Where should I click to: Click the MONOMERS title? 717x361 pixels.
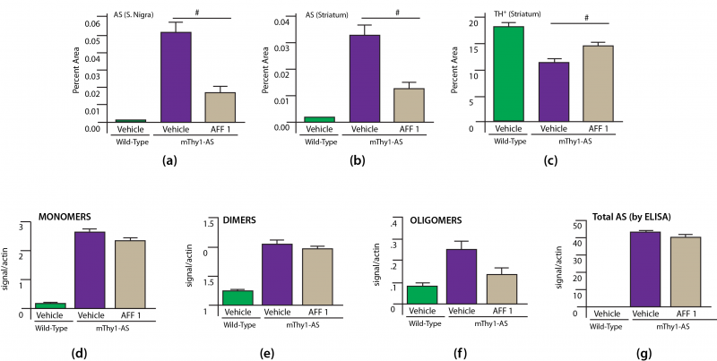pyautogui.click(x=69, y=215)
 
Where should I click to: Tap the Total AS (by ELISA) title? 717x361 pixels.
pyautogui.click(x=626, y=215)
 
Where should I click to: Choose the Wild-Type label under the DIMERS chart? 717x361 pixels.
pyautogui.click(x=238, y=323)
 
